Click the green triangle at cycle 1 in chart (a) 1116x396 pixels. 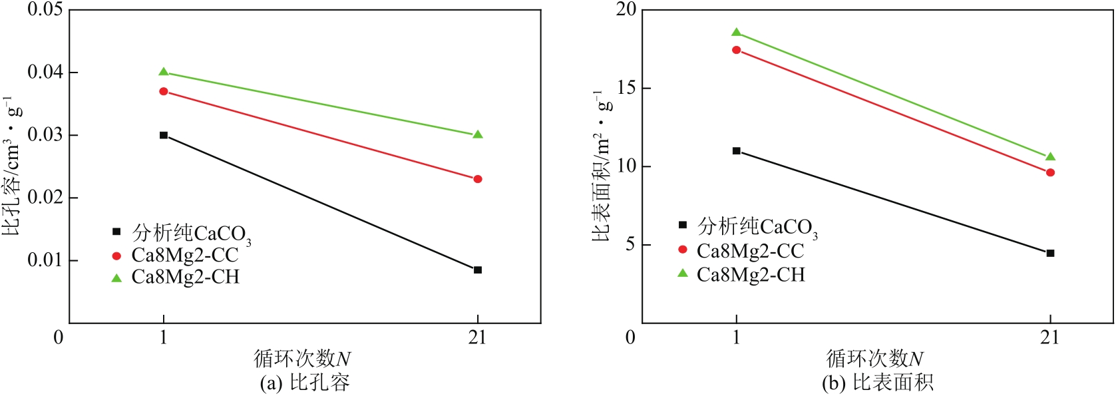[x=164, y=72]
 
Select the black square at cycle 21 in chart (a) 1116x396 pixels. [x=478, y=270]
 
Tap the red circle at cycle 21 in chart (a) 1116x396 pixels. [x=478, y=179]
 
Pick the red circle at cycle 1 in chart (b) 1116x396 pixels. [x=737, y=50]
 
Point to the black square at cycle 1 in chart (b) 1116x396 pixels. [x=737, y=151]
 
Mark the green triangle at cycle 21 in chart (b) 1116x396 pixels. [x=1051, y=157]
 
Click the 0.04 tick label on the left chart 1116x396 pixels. [x=45, y=72]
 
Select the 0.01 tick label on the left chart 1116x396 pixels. [x=45, y=260]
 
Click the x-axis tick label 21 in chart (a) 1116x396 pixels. [x=477, y=338]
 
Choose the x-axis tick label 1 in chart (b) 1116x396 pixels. [x=736, y=338]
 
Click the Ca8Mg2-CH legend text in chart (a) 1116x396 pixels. [x=185, y=277]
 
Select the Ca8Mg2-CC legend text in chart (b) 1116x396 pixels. [x=750, y=251]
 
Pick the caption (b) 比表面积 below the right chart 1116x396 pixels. [x=877, y=383]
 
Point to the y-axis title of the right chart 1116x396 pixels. [x=601, y=166]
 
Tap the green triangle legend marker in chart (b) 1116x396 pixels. [x=683, y=273]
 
